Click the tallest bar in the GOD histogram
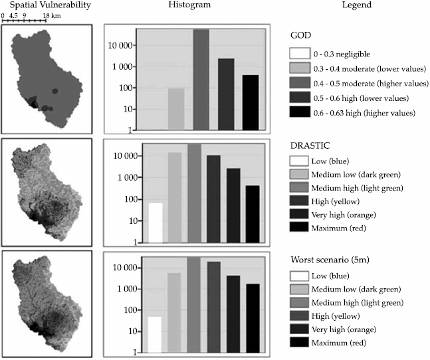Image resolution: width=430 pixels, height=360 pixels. point(201,80)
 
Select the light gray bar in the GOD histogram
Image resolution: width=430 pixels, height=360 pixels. point(175,109)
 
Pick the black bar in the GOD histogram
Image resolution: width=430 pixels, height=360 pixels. point(251,102)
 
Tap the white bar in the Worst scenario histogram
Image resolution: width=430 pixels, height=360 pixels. point(155,335)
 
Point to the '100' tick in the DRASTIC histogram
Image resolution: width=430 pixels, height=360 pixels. point(128,199)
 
